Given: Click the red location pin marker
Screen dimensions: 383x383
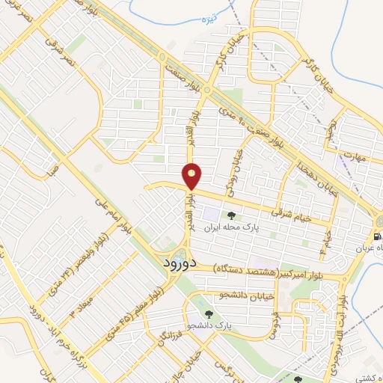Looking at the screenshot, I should tap(192, 176).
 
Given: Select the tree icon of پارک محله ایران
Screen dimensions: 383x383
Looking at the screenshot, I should tap(230, 217).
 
